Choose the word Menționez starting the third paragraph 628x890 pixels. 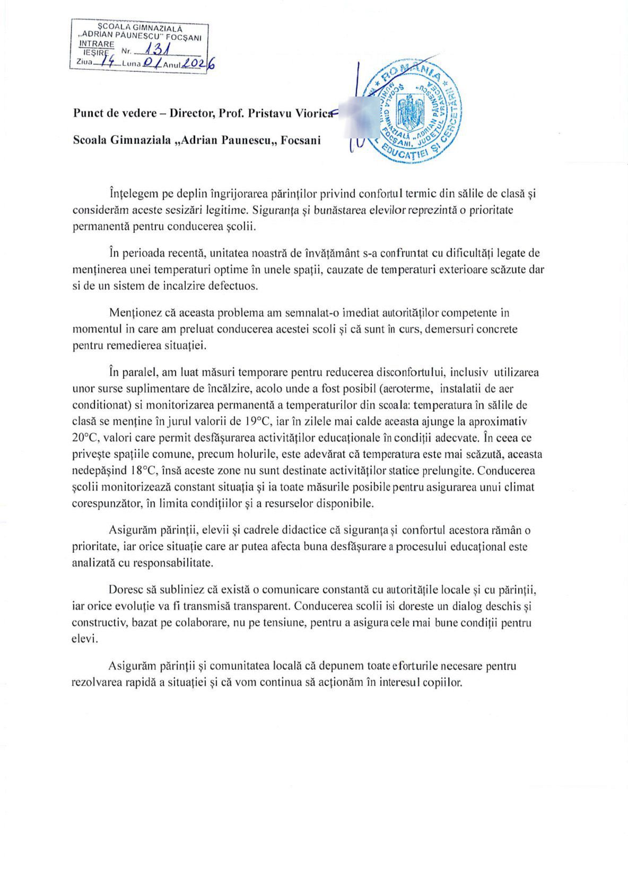tap(133, 312)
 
